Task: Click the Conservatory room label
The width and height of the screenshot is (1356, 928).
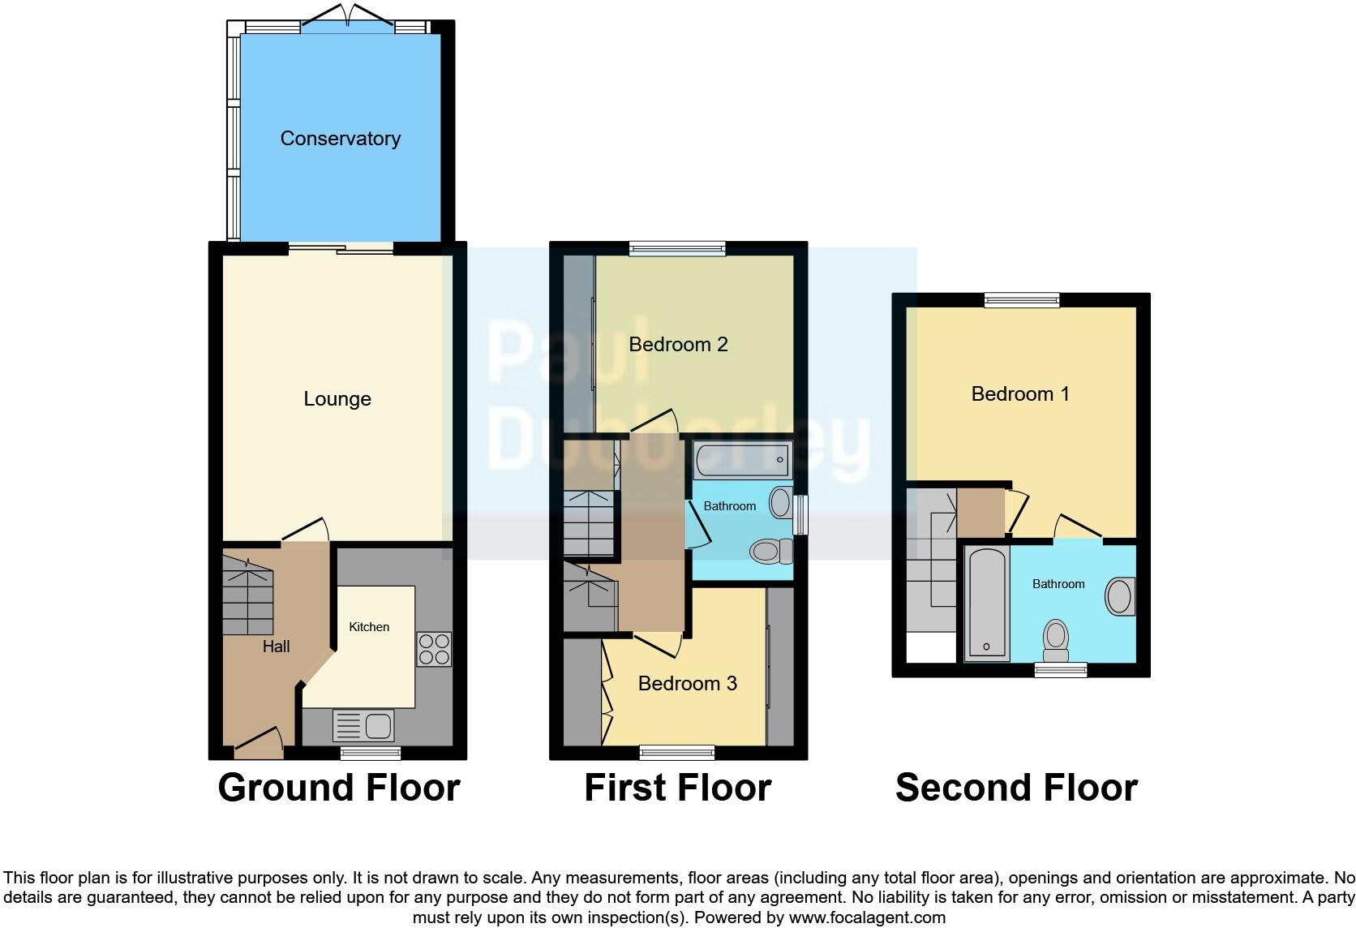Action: [340, 139]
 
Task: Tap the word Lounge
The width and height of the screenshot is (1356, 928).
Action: [337, 399]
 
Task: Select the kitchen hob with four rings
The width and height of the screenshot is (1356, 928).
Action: [434, 649]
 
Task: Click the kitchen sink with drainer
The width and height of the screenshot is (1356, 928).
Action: [363, 725]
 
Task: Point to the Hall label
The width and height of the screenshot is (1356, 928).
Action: [276, 647]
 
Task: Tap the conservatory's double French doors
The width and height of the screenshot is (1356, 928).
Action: [348, 18]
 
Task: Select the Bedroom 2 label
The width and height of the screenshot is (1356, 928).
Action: [678, 345]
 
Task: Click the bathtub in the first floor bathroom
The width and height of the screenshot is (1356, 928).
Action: [742, 460]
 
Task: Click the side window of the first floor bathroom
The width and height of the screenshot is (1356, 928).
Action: [801, 515]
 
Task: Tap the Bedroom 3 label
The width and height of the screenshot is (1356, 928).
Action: [687, 684]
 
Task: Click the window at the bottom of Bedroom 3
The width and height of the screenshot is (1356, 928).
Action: [677, 753]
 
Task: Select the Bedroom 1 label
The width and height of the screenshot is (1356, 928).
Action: [1019, 394]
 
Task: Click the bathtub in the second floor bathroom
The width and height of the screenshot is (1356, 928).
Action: [987, 603]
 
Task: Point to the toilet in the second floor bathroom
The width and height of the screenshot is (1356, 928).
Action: [1056, 641]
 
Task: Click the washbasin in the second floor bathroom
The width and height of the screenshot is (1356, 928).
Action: [1119, 597]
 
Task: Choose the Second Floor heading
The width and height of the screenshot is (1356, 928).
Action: [1015, 788]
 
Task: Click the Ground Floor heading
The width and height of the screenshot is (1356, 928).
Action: [338, 788]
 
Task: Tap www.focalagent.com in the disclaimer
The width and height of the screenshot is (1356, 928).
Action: [867, 918]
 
